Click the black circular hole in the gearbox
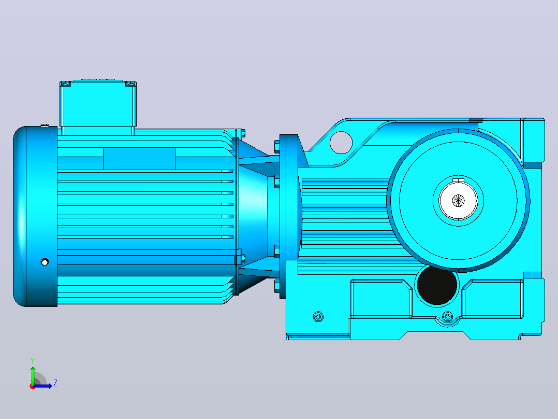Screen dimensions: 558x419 tap(437, 285)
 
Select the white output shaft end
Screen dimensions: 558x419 tap(459, 201)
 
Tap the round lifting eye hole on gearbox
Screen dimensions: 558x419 tap(341, 143)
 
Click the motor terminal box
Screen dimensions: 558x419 tap(98, 107)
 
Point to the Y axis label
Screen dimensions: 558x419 tap(33, 360)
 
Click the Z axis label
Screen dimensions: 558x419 tap(55, 383)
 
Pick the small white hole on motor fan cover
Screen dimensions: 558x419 tap(45, 262)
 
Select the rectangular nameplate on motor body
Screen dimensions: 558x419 tap(139, 159)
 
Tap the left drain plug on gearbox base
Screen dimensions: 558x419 tap(318, 316)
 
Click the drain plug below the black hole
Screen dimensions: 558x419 tap(447, 316)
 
